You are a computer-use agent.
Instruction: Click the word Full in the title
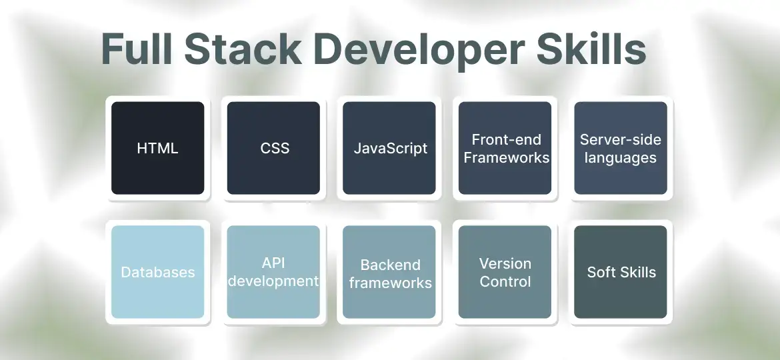(137, 49)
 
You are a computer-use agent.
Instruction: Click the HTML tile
(157, 148)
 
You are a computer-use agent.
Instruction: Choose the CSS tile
(274, 148)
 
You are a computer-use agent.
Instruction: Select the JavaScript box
(389, 148)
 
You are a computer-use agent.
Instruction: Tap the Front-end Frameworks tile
(505, 148)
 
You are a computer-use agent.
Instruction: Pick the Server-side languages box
(621, 148)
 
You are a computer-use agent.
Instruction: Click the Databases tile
(157, 272)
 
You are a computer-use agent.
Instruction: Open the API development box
(274, 272)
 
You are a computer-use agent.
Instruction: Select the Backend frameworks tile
(389, 272)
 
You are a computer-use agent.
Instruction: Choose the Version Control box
(505, 272)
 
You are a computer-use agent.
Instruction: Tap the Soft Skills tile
(621, 272)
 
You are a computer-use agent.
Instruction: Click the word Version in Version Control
(505, 263)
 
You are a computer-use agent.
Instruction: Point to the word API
(273, 263)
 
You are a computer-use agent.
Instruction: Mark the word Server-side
(621, 140)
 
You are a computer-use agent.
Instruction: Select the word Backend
(390, 265)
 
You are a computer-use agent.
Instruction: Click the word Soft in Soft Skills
(601, 272)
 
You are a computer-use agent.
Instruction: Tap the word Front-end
(506, 140)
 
